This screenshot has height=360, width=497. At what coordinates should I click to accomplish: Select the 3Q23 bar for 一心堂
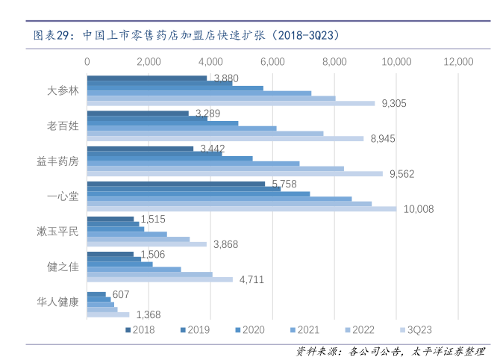pos(241,209)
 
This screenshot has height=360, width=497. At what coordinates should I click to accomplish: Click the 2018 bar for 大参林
pos(147,78)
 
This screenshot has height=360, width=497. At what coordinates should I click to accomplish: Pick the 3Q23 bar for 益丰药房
pos(234,174)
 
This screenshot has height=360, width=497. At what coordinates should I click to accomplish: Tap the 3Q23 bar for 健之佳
pos(160,279)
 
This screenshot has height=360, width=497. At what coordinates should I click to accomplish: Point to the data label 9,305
pos(393,103)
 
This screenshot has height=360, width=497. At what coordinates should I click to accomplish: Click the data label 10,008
pos(418,209)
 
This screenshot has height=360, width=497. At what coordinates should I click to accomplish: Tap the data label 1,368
pos(148,314)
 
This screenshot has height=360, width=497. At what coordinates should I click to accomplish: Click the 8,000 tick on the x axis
pos(334,60)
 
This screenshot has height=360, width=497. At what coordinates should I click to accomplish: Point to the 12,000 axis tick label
pos(458,60)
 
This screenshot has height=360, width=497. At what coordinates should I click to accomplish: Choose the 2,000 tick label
pos(149,60)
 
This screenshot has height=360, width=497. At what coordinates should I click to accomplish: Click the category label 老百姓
pos(62,125)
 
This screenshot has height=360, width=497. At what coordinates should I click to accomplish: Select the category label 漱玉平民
pos(57,232)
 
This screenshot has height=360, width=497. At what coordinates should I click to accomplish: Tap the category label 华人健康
pos(57,302)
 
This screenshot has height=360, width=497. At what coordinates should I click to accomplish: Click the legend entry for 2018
pos(140,329)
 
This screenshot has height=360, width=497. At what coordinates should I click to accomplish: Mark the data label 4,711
pos(251,280)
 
